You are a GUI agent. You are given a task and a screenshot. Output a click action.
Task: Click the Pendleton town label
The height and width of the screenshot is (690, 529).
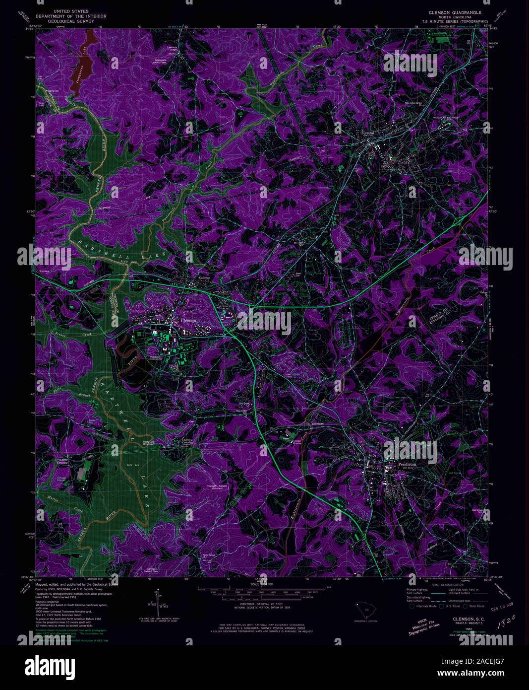click(x=407, y=464)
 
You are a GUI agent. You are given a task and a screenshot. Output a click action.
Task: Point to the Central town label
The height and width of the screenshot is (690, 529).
click(x=368, y=133)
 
